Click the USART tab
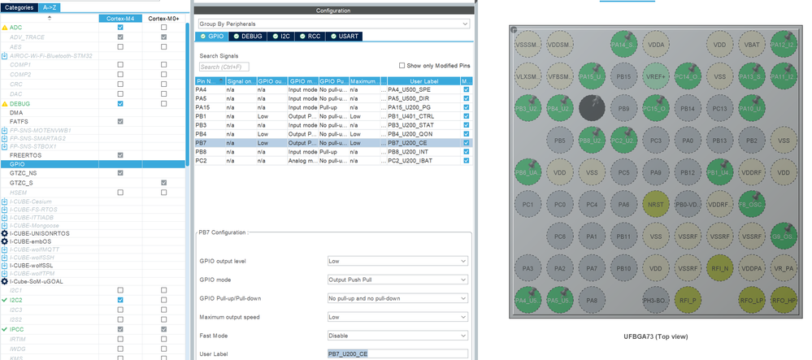tap(345, 37)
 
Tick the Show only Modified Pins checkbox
tap(402, 66)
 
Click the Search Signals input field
tap(224, 67)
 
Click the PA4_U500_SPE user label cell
tap(423, 89)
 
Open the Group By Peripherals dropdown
tap(333, 24)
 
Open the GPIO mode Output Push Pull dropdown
tap(397, 280)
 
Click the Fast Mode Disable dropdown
tap(397, 335)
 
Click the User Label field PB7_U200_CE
tap(397, 353)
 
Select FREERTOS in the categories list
tap(26, 154)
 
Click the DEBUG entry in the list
tap(20, 104)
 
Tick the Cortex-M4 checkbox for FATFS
tap(120, 122)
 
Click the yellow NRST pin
tap(655, 204)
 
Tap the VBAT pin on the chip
tap(751, 46)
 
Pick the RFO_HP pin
tap(783, 300)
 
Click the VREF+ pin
tap(655, 77)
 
